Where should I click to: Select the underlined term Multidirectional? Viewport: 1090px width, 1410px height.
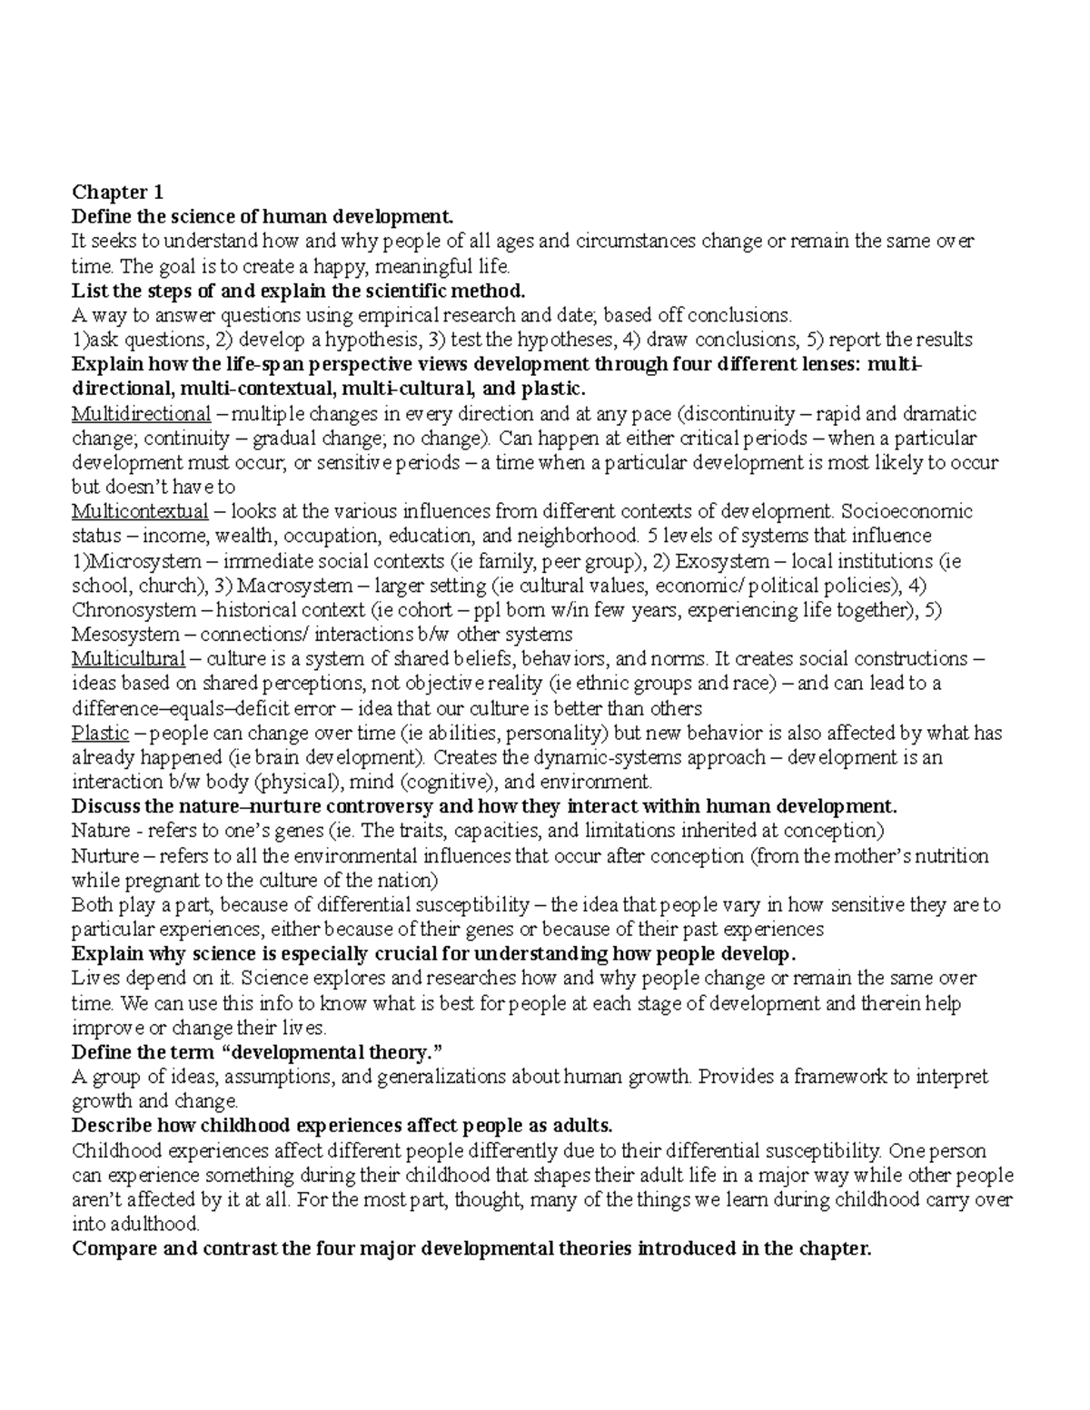(141, 414)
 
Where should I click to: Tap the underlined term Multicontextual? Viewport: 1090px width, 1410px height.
(140, 511)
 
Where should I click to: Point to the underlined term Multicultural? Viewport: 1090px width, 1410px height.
(128, 658)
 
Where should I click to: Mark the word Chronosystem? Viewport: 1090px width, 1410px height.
(134, 610)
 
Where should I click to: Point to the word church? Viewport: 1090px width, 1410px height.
(169, 586)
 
